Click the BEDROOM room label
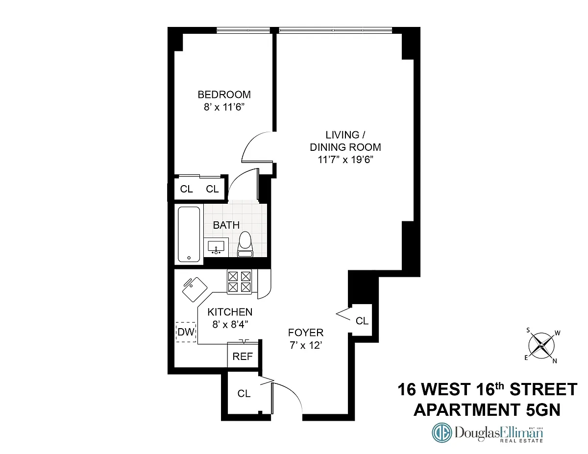224,95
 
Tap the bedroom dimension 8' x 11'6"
224,107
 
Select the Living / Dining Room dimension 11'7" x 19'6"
345,160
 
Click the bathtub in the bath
189,234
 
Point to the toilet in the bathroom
245,244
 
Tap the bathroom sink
216,247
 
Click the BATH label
226,225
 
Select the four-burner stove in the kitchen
239,282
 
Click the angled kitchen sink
195,289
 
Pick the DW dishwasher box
186,332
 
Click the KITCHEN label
230,312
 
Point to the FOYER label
306,333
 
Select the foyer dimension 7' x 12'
306,346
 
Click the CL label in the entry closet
244,393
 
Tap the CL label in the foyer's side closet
362,321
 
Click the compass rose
541,346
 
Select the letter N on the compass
555,361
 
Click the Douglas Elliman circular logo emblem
442,432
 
